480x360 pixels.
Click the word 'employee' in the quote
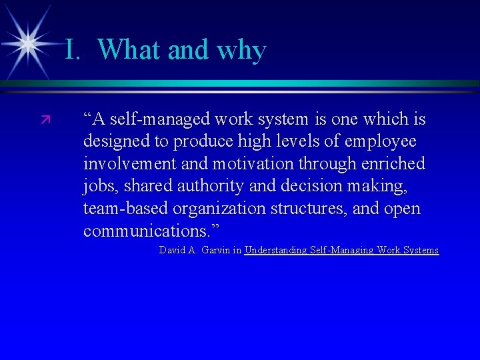[x=383, y=142]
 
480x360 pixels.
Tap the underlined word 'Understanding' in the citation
[x=275, y=251]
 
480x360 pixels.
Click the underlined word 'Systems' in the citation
[x=417, y=251]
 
